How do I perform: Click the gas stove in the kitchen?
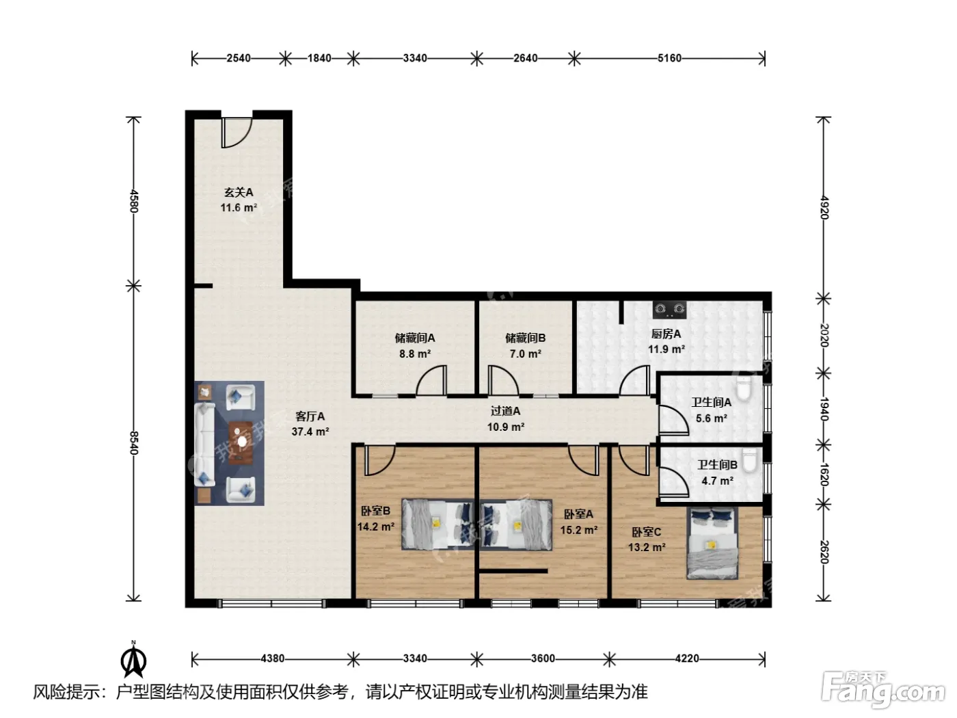(x=669, y=309)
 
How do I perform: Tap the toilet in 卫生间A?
(x=743, y=388)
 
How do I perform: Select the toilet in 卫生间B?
(x=749, y=460)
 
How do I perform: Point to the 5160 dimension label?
(x=669, y=58)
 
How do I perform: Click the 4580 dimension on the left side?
(x=134, y=201)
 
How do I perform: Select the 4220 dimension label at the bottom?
(x=687, y=659)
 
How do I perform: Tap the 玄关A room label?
(x=239, y=192)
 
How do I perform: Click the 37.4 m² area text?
(x=310, y=431)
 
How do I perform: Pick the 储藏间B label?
(x=526, y=338)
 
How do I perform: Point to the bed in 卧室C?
(x=712, y=543)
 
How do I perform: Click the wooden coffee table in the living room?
(x=241, y=443)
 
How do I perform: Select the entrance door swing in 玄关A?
(x=237, y=132)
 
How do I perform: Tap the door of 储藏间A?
(x=431, y=381)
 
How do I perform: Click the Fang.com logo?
(x=883, y=690)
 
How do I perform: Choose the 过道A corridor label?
(x=505, y=411)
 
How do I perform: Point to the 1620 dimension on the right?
(x=824, y=475)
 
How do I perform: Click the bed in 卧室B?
(x=437, y=524)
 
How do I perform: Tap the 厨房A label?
(x=666, y=334)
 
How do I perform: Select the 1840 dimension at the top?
(x=320, y=58)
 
